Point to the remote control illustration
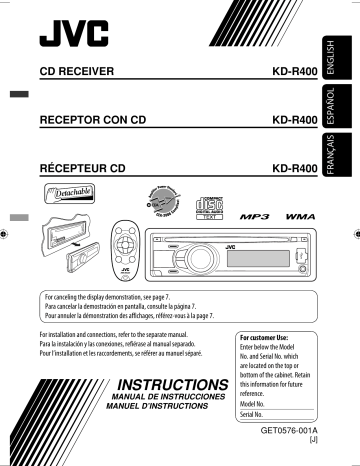click(138, 261)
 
